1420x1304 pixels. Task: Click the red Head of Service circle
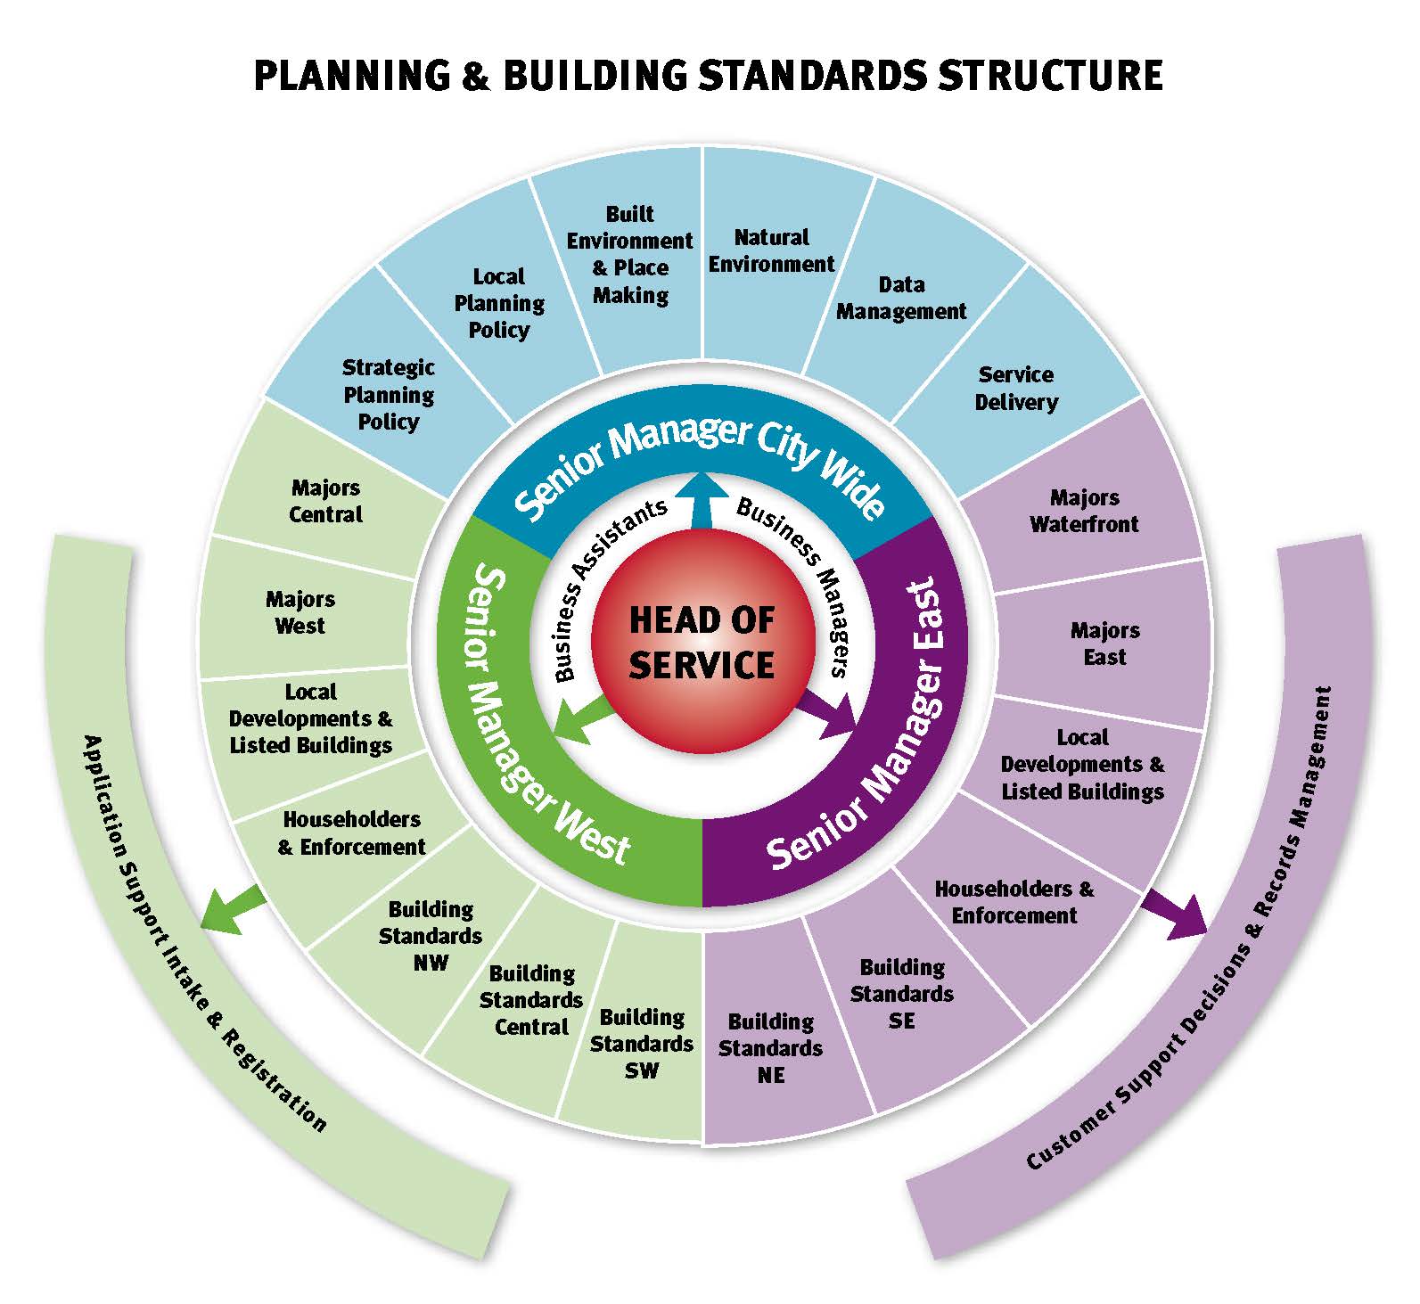coord(702,643)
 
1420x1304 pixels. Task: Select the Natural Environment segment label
coord(771,250)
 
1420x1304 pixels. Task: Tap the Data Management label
coord(901,299)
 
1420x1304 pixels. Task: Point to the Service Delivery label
coord(1015,388)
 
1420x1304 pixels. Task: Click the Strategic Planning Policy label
coord(389,394)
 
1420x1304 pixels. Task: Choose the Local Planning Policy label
coord(499,303)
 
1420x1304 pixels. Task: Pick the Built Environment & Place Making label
coord(630,254)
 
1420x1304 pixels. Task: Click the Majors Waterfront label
coord(1084,511)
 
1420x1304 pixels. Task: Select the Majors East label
coord(1104,644)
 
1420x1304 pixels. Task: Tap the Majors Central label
coord(326,501)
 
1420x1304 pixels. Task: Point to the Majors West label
coord(300,612)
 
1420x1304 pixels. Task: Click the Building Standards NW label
coord(431,936)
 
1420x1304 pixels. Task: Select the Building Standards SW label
coord(642,1044)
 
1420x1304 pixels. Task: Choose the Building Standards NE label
coord(771,1048)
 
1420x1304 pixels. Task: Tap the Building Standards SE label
coord(902,993)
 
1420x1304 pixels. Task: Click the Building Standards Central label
coord(531,1000)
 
